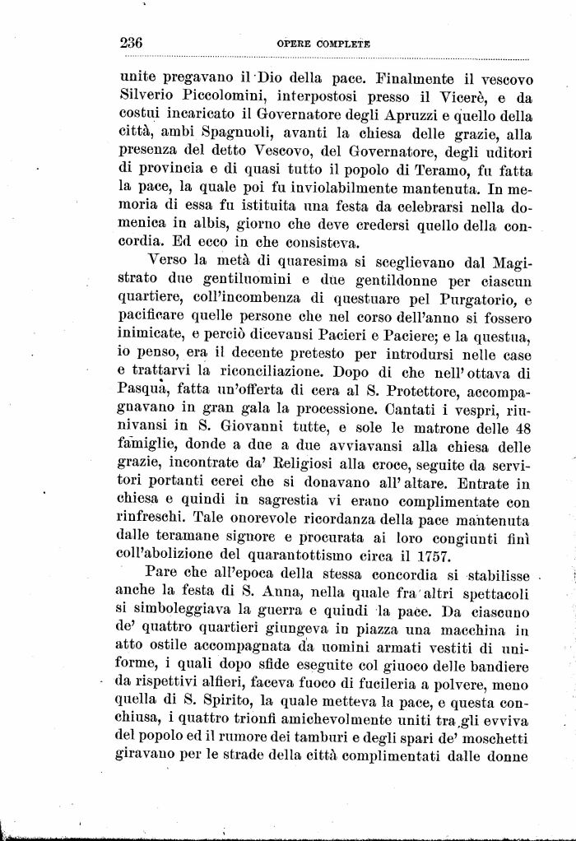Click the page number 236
(132, 43)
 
